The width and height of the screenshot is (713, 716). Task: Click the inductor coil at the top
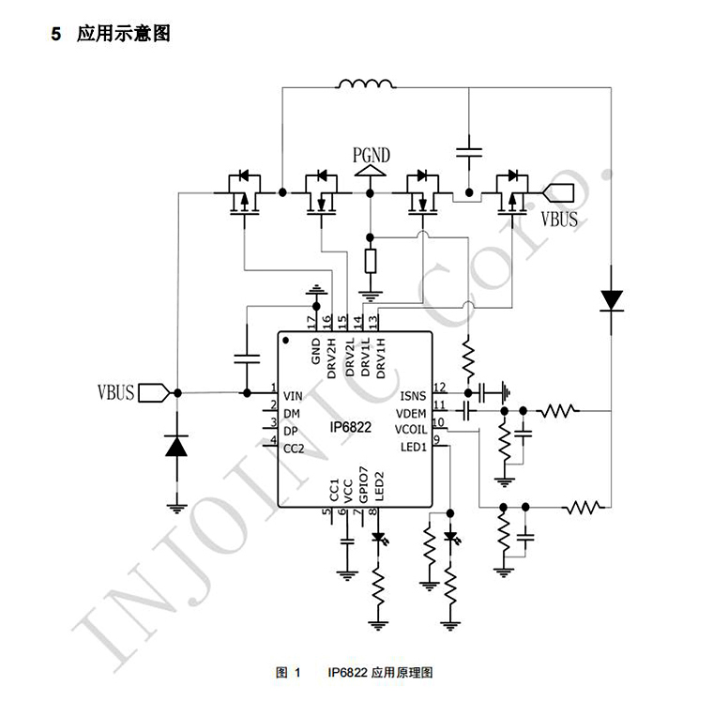click(365, 84)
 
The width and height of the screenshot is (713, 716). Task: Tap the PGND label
click(372, 155)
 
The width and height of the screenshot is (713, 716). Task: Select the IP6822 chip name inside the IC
click(351, 427)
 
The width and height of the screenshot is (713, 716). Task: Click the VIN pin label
click(293, 396)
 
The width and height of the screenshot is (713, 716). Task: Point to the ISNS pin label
click(413, 396)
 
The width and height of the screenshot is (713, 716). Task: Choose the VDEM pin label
click(411, 413)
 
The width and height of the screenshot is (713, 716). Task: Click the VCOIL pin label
click(411, 430)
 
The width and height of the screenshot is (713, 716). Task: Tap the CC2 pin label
click(294, 449)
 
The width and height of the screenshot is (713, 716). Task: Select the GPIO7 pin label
click(363, 484)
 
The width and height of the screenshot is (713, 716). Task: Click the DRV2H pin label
click(331, 358)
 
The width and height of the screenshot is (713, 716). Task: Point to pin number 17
click(311, 322)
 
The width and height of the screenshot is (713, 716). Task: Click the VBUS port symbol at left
click(154, 392)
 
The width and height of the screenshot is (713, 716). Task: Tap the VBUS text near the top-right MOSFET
click(559, 219)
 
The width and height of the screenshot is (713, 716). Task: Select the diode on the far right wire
click(611, 301)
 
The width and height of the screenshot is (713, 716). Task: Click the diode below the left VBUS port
click(176, 446)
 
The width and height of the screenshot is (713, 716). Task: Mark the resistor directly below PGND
click(371, 261)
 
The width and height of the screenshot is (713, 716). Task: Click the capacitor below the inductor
click(469, 152)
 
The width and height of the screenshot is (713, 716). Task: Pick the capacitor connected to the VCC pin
click(347, 541)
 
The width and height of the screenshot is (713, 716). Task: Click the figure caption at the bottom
click(354, 672)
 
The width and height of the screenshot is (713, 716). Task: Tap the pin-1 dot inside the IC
click(286, 341)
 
